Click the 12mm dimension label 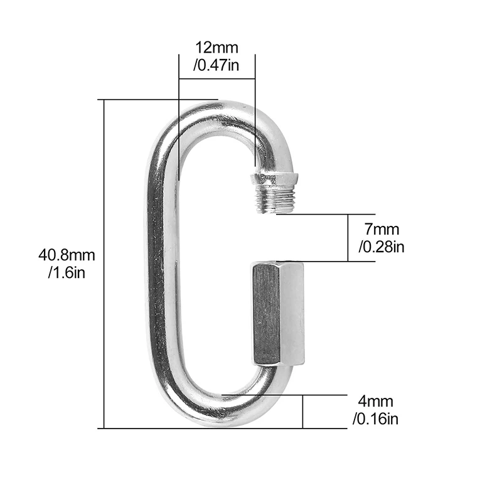(x=216, y=47)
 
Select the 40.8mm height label (x=67, y=255)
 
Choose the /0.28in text (x=381, y=247)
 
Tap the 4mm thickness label (x=375, y=401)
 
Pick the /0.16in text (x=375, y=418)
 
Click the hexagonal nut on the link (x=278, y=313)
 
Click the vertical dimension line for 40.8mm (x=104, y=264)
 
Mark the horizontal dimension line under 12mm (x=216, y=78)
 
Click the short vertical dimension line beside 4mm (x=303, y=412)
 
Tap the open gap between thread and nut (x=276, y=237)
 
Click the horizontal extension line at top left (x=157, y=99)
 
